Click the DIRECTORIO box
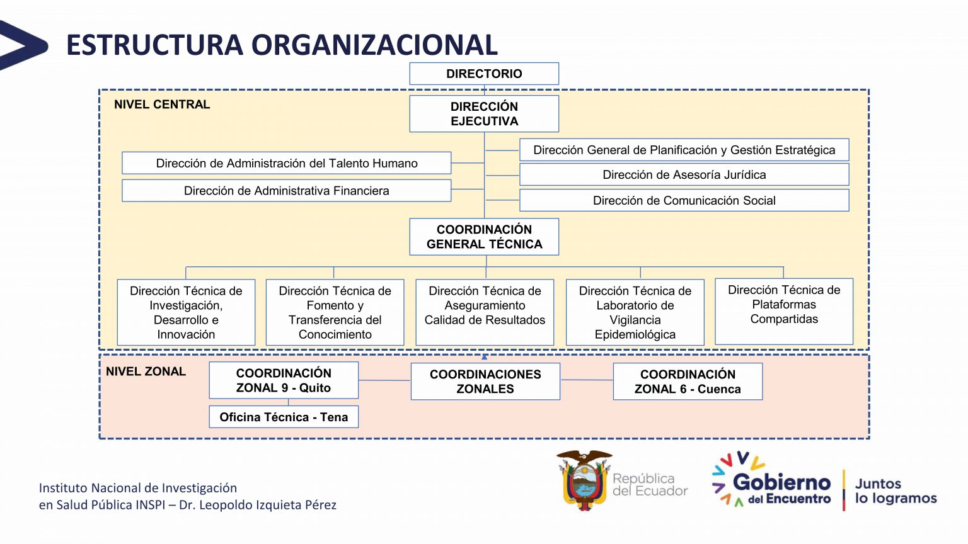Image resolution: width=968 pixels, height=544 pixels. point(484,74)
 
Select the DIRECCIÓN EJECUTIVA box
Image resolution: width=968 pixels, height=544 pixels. point(484,114)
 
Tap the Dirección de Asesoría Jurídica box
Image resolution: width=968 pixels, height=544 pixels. point(684,175)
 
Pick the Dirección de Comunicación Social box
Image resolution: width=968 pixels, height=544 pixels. point(684,201)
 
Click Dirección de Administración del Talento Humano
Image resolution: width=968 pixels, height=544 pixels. point(287,164)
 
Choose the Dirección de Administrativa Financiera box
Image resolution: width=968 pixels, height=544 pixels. point(287,191)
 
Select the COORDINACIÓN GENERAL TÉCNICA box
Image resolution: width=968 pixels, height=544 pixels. point(484,237)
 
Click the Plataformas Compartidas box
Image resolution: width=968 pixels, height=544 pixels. point(784,311)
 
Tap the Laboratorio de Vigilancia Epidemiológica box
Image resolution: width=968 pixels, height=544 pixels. point(635,312)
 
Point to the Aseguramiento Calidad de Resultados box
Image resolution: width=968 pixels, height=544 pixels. point(485,312)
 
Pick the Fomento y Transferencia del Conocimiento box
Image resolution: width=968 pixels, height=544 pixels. point(335,312)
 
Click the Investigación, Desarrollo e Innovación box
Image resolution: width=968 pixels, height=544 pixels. point(186,312)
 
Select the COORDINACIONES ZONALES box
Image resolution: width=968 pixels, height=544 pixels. point(485,382)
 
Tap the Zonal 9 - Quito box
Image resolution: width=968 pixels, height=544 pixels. point(284,380)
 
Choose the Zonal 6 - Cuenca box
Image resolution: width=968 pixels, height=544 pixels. point(688,382)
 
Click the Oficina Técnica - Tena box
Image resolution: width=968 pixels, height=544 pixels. point(284,417)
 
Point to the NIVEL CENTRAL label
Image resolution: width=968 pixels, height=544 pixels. point(162,105)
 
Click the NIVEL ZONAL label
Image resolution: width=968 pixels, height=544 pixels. point(146,371)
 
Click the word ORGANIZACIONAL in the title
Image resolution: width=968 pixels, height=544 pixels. point(374,45)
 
